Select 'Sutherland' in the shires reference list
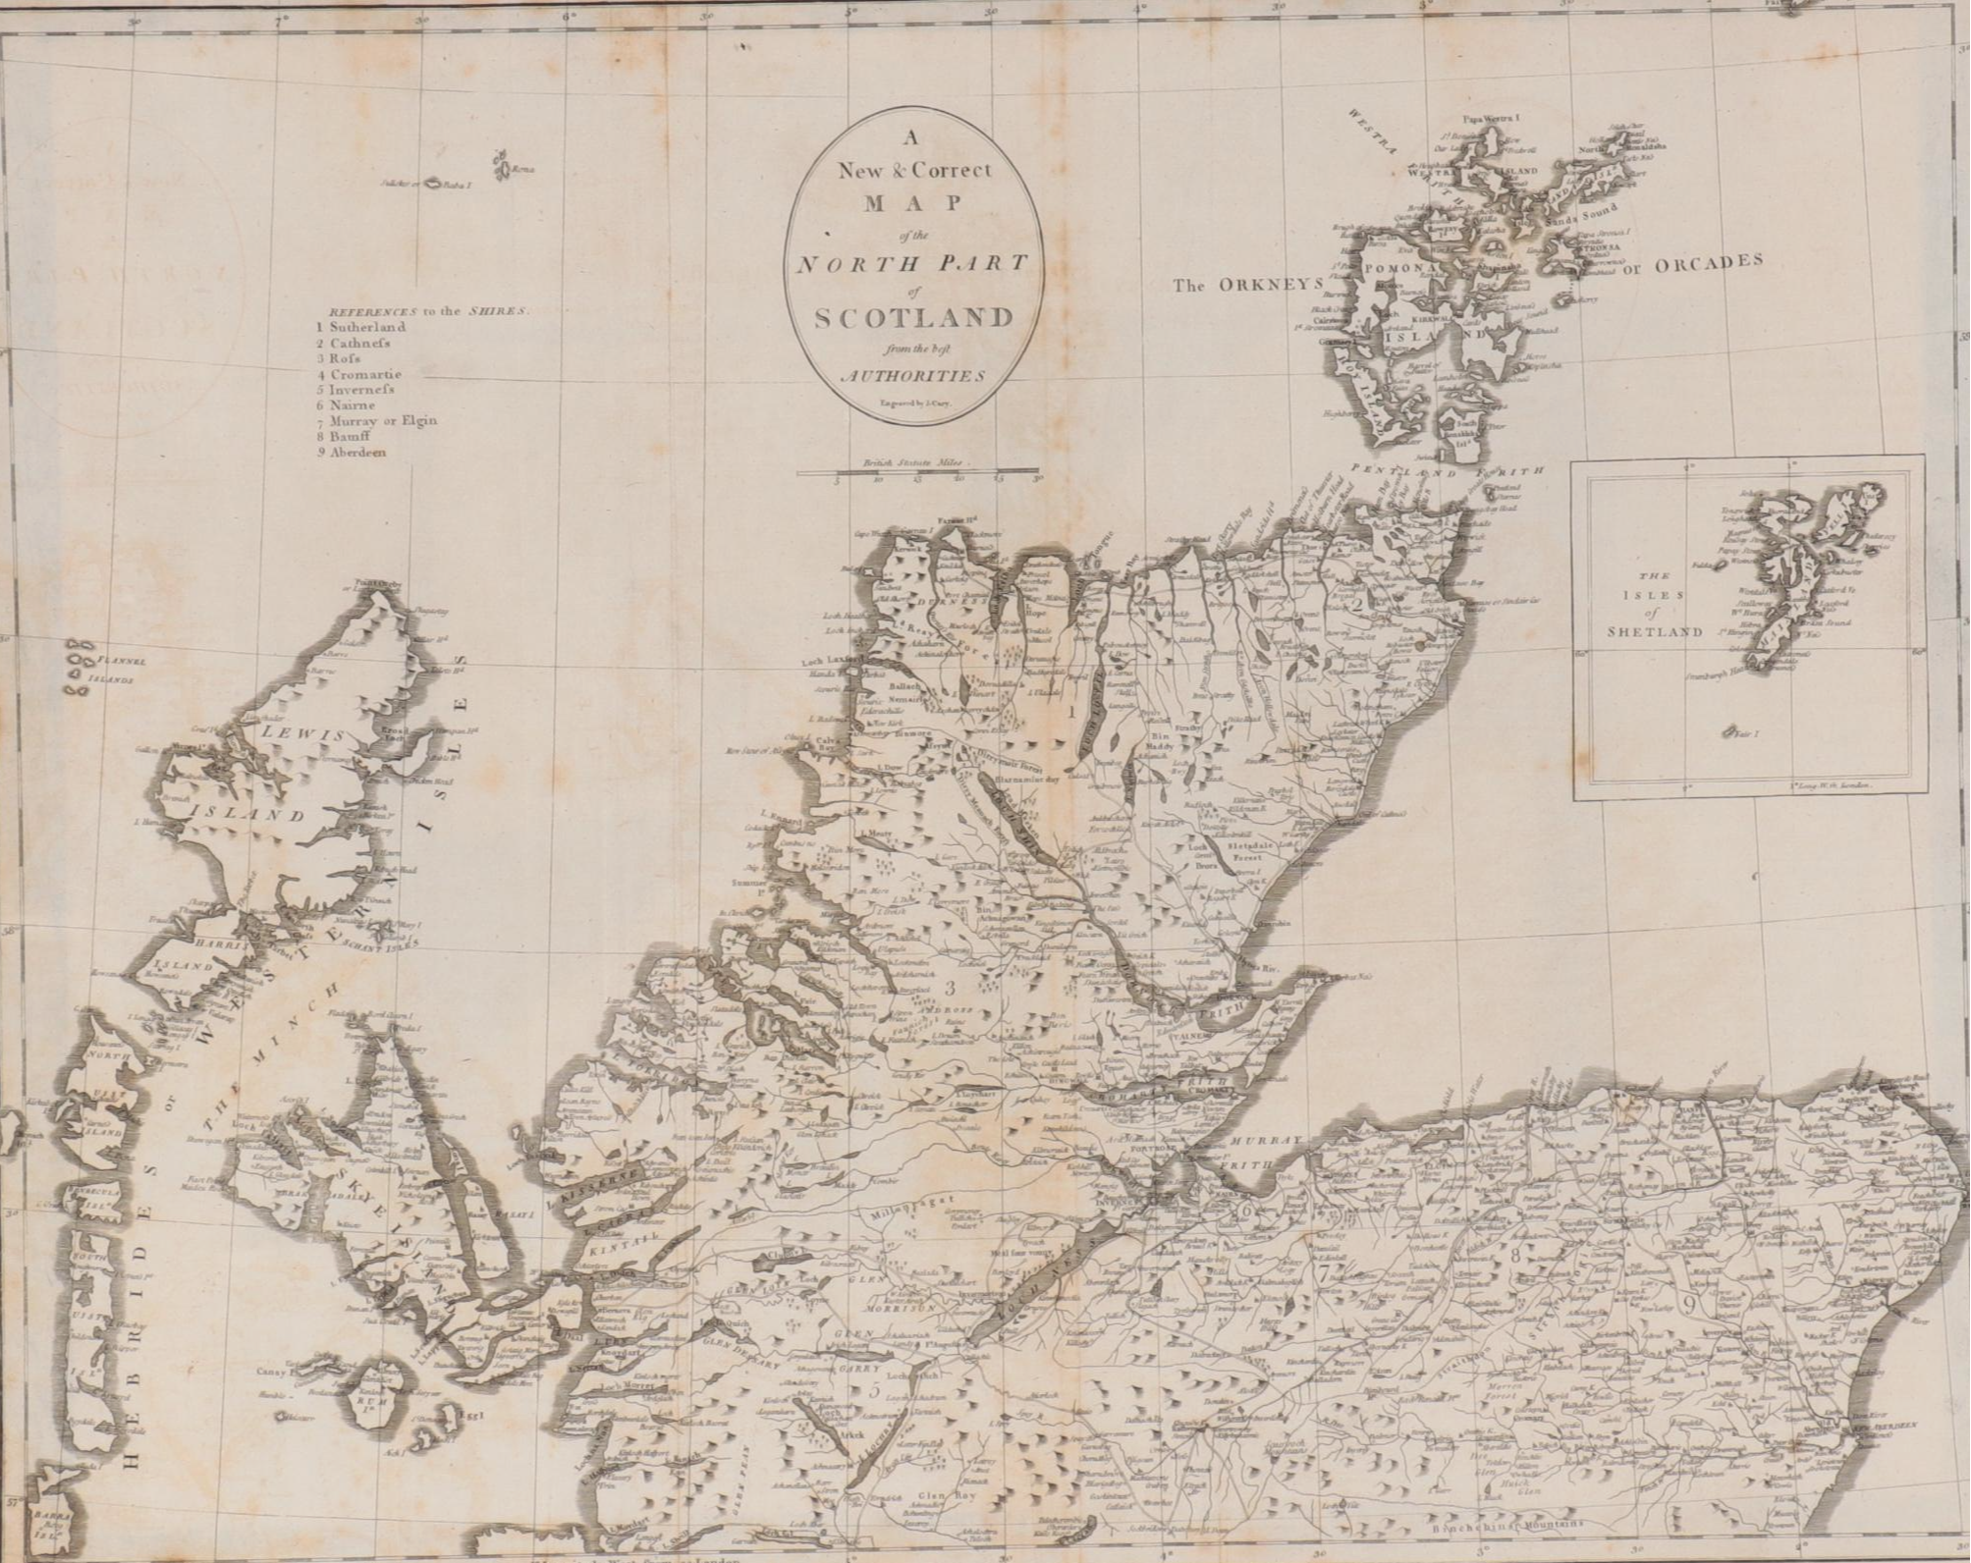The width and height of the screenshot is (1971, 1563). click(x=367, y=327)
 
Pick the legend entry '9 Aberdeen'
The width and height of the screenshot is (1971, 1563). click(x=359, y=453)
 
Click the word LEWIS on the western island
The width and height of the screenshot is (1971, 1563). click(x=302, y=735)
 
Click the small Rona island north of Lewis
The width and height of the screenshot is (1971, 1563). click(x=507, y=168)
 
